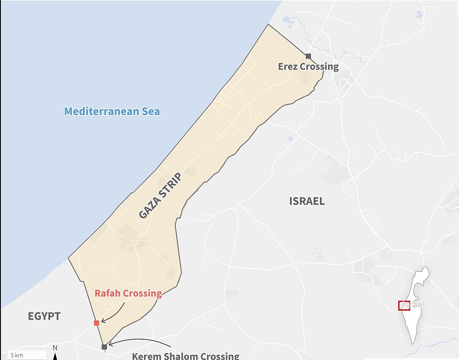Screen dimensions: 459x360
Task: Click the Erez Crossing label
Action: pyautogui.click(x=308, y=67)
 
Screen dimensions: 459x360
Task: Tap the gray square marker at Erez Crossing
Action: pyautogui.click(x=308, y=56)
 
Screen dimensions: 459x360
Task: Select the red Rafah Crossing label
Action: pyautogui.click(x=128, y=293)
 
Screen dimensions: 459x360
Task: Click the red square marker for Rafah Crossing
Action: pyautogui.click(x=96, y=323)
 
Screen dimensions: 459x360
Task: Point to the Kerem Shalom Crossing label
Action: pyautogui.click(x=185, y=356)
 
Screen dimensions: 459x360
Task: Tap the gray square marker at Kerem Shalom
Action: pyautogui.click(x=104, y=347)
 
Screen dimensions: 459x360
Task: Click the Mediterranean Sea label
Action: pyautogui.click(x=112, y=111)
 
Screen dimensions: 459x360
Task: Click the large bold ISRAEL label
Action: pyautogui.click(x=307, y=201)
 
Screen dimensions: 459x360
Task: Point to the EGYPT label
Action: pyautogui.click(x=44, y=316)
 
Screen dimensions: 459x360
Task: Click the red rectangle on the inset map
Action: pyautogui.click(x=404, y=305)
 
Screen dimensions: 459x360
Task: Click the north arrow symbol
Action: pyautogui.click(x=55, y=354)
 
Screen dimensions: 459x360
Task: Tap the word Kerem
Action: pyautogui.click(x=146, y=356)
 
